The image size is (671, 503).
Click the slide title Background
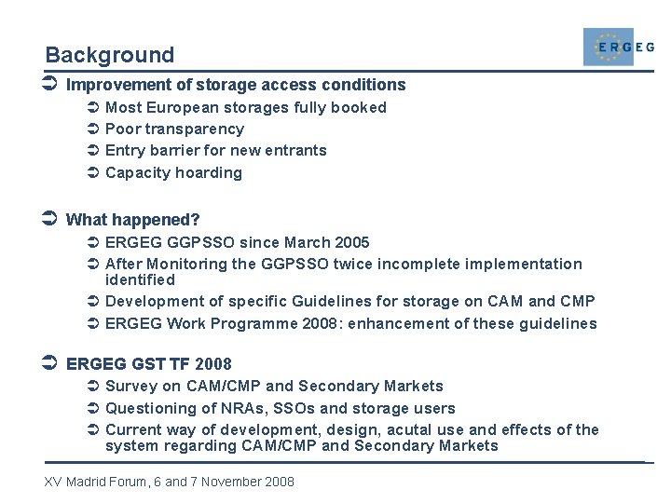(109, 55)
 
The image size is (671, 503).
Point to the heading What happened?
(133, 220)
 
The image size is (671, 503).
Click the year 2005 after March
(351, 242)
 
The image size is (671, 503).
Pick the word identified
(140, 279)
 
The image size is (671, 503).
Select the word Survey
(131, 386)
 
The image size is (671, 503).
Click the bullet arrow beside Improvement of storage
(52, 85)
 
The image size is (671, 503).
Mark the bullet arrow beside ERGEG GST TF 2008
(52, 363)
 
